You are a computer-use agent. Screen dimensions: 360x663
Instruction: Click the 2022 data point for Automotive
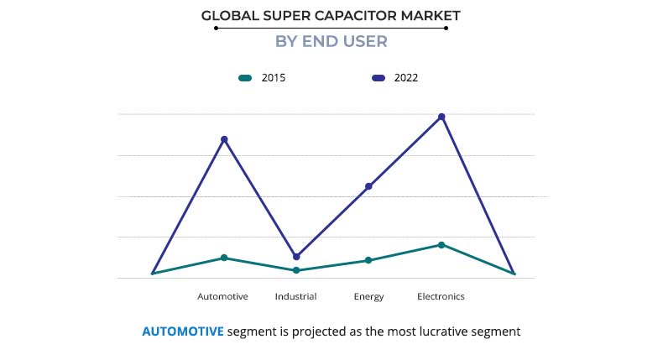pyautogui.click(x=224, y=139)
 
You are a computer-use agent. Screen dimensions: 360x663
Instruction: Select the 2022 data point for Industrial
pyautogui.click(x=296, y=257)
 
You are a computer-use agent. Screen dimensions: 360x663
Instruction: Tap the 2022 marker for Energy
pyautogui.click(x=368, y=186)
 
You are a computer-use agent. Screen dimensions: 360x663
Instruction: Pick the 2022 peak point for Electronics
pyautogui.click(x=441, y=117)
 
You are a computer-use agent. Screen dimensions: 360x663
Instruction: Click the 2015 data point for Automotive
pyautogui.click(x=224, y=258)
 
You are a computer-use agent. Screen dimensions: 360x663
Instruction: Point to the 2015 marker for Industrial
pyautogui.click(x=296, y=270)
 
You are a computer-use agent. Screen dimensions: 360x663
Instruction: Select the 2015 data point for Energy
pyautogui.click(x=368, y=260)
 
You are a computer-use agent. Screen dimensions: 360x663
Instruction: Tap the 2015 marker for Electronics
pyautogui.click(x=441, y=245)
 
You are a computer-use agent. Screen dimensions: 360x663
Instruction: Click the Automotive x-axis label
pyautogui.click(x=222, y=296)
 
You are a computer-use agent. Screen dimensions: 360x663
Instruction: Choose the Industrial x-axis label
pyautogui.click(x=295, y=296)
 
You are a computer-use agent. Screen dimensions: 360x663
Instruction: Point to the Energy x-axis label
pyautogui.click(x=368, y=296)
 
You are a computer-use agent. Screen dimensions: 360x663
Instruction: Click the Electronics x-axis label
pyautogui.click(x=441, y=296)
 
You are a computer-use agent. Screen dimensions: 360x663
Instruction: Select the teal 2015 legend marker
pyautogui.click(x=245, y=78)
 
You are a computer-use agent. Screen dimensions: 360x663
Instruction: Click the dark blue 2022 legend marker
pyautogui.click(x=378, y=78)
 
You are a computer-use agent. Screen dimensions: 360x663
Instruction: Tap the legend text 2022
pyautogui.click(x=405, y=78)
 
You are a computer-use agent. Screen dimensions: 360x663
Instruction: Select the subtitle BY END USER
pyautogui.click(x=331, y=41)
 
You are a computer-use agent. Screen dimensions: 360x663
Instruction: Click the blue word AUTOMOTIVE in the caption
pyautogui.click(x=183, y=331)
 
